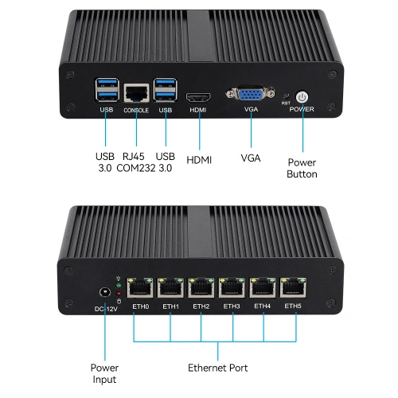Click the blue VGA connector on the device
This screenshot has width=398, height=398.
[x=249, y=95]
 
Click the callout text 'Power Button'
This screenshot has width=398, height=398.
[x=302, y=167]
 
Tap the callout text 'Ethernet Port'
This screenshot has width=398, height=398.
[x=217, y=368]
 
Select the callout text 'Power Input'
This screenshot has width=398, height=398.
[x=103, y=374]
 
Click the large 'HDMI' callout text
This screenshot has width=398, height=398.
[x=199, y=160]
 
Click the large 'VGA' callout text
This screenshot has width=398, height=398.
[x=251, y=158]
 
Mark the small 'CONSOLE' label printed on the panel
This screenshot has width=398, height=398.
[x=136, y=111]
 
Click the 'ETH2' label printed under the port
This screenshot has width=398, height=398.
[x=201, y=306]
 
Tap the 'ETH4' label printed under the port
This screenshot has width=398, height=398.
[x=262, y=306]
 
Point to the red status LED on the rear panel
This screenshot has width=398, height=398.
[x=118, y=292]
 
